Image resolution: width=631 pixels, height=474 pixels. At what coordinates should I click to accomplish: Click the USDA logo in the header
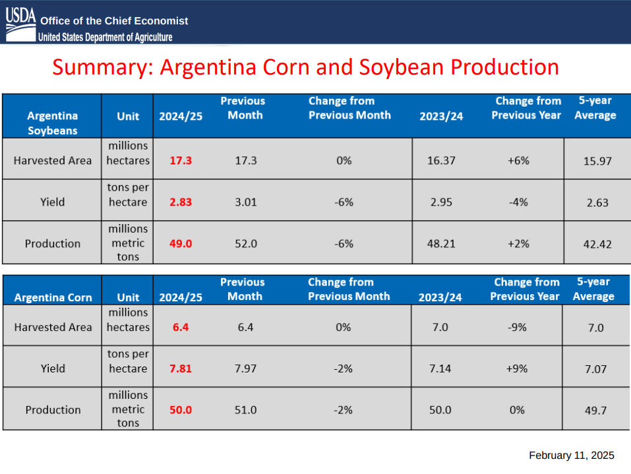[20, 22]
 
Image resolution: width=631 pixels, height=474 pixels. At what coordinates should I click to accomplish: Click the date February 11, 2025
[571, 456]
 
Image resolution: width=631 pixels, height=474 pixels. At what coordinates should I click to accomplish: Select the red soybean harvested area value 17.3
[181, 160]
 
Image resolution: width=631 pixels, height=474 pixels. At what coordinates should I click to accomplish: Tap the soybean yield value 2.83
[181, 202]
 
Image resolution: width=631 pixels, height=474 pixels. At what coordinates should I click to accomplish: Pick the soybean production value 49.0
[181, 243]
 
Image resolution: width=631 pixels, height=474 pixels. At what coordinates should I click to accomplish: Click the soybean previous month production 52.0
[245, 243]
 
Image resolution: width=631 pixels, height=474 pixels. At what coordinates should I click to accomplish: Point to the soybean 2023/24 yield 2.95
[440, 202]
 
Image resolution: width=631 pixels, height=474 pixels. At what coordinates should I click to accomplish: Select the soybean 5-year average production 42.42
[597, 244]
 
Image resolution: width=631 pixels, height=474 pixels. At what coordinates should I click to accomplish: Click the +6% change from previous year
[518, 160]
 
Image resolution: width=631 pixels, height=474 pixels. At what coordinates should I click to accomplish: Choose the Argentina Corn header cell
[53, 297]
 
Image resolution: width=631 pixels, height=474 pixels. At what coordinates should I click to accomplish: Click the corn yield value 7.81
[181, 369]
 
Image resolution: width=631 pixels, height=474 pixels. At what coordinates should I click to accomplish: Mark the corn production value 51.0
[245, 409]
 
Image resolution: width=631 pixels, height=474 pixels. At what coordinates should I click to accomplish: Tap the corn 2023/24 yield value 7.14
[440, 369]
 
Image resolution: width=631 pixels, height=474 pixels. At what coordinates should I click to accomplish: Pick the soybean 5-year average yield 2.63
[597, 202]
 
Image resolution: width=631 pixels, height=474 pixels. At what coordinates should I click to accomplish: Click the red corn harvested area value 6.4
[181, 327]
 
